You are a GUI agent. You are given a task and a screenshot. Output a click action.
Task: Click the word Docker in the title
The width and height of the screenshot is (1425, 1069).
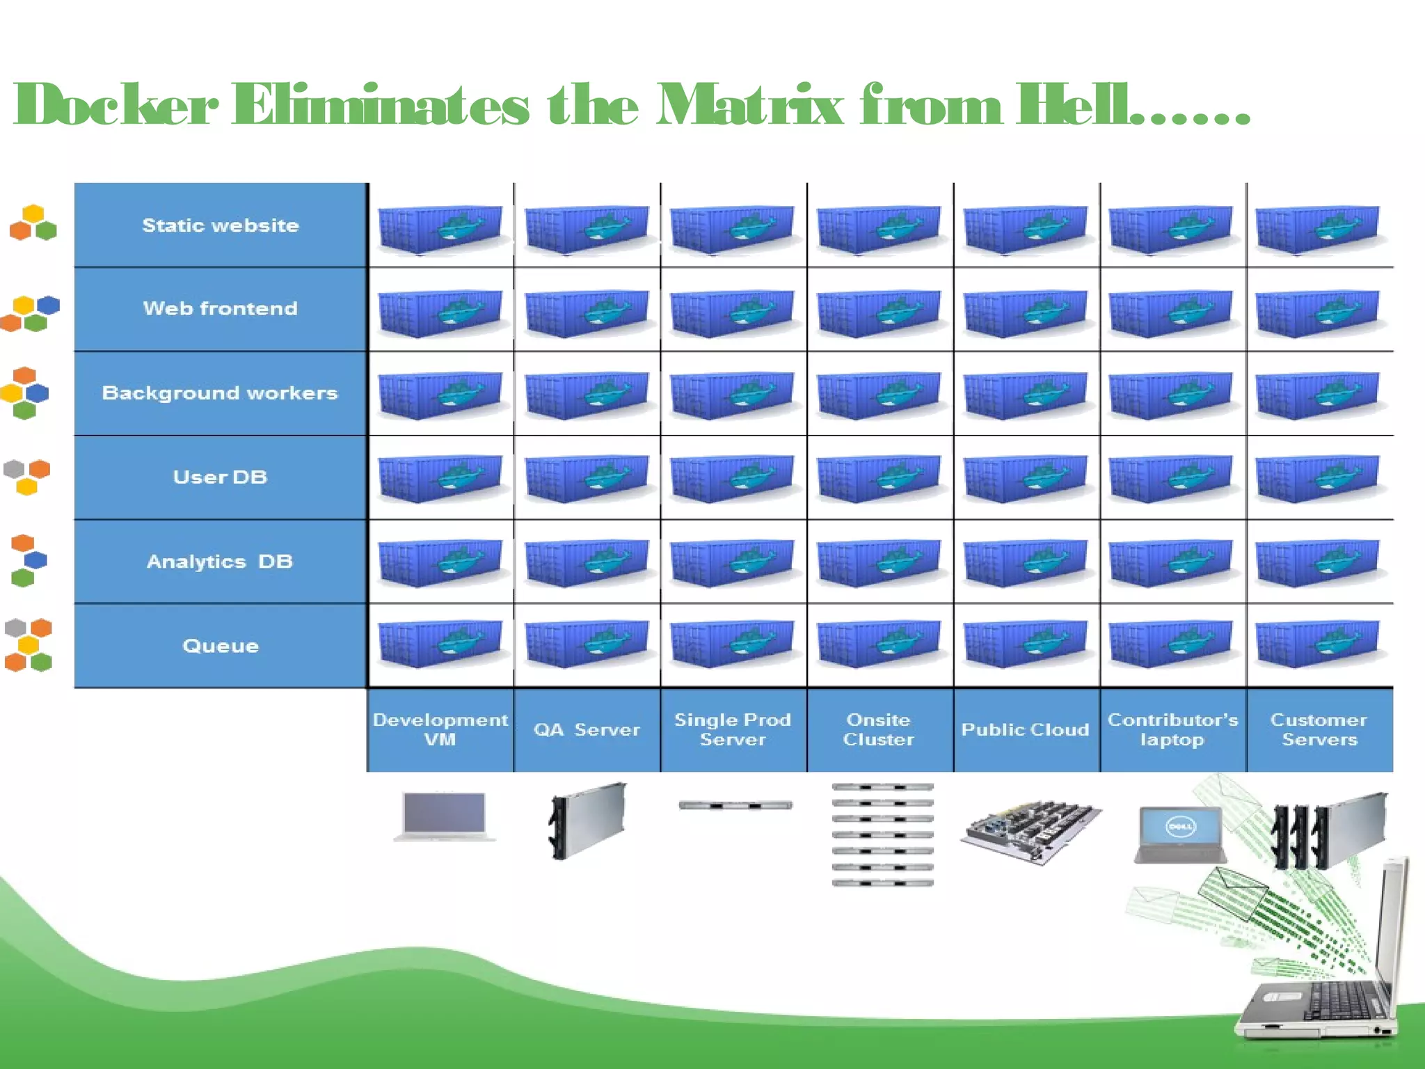[116, 105]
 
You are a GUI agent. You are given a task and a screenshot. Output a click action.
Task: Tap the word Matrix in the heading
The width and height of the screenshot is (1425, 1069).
[749, 105]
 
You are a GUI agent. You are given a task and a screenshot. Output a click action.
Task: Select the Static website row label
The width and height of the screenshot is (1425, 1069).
[221, 225]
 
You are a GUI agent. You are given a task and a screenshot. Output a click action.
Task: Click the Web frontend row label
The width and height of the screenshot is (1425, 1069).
[221, 308]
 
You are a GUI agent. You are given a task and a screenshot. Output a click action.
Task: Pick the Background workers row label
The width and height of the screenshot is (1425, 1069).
[220, 393]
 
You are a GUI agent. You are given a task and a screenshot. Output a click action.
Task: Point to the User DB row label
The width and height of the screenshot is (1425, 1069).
[221, 477]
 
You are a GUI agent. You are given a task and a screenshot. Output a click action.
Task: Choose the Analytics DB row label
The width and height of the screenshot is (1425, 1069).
[221, 562]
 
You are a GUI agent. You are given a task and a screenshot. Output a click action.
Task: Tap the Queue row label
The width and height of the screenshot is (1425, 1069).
[221, 646]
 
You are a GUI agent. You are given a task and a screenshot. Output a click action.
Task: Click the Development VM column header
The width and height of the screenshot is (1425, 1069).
[440, 729]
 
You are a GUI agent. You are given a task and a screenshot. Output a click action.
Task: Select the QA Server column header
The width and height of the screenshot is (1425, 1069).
[587, 729]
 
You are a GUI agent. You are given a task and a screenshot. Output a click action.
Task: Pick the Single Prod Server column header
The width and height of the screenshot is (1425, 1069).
[733, 729]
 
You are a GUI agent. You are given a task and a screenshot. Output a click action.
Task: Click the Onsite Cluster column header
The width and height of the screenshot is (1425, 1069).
[879, 729]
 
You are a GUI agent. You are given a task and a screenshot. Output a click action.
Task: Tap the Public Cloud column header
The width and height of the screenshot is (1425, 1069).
[1026, 729]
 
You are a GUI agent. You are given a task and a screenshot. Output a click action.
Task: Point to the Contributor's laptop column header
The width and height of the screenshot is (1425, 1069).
[1172, 729]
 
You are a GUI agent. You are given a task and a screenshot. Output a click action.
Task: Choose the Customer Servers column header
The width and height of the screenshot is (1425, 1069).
[1319, 729]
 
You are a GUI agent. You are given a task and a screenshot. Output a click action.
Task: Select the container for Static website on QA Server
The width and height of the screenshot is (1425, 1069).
[587, 228]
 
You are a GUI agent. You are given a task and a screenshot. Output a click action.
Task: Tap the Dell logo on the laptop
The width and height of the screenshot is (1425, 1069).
[1180, 826]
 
